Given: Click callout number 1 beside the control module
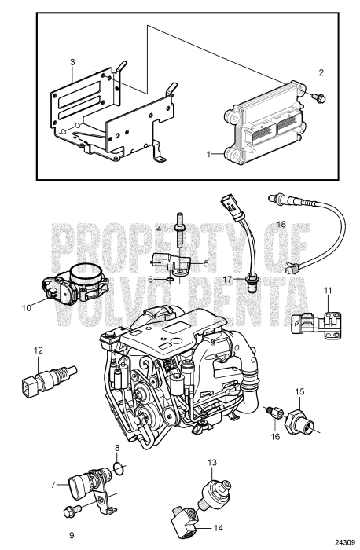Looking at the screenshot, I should click(209, 155).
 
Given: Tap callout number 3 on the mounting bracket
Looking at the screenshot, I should click(72, 62).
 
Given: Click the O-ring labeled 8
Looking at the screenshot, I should click(119, 471).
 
